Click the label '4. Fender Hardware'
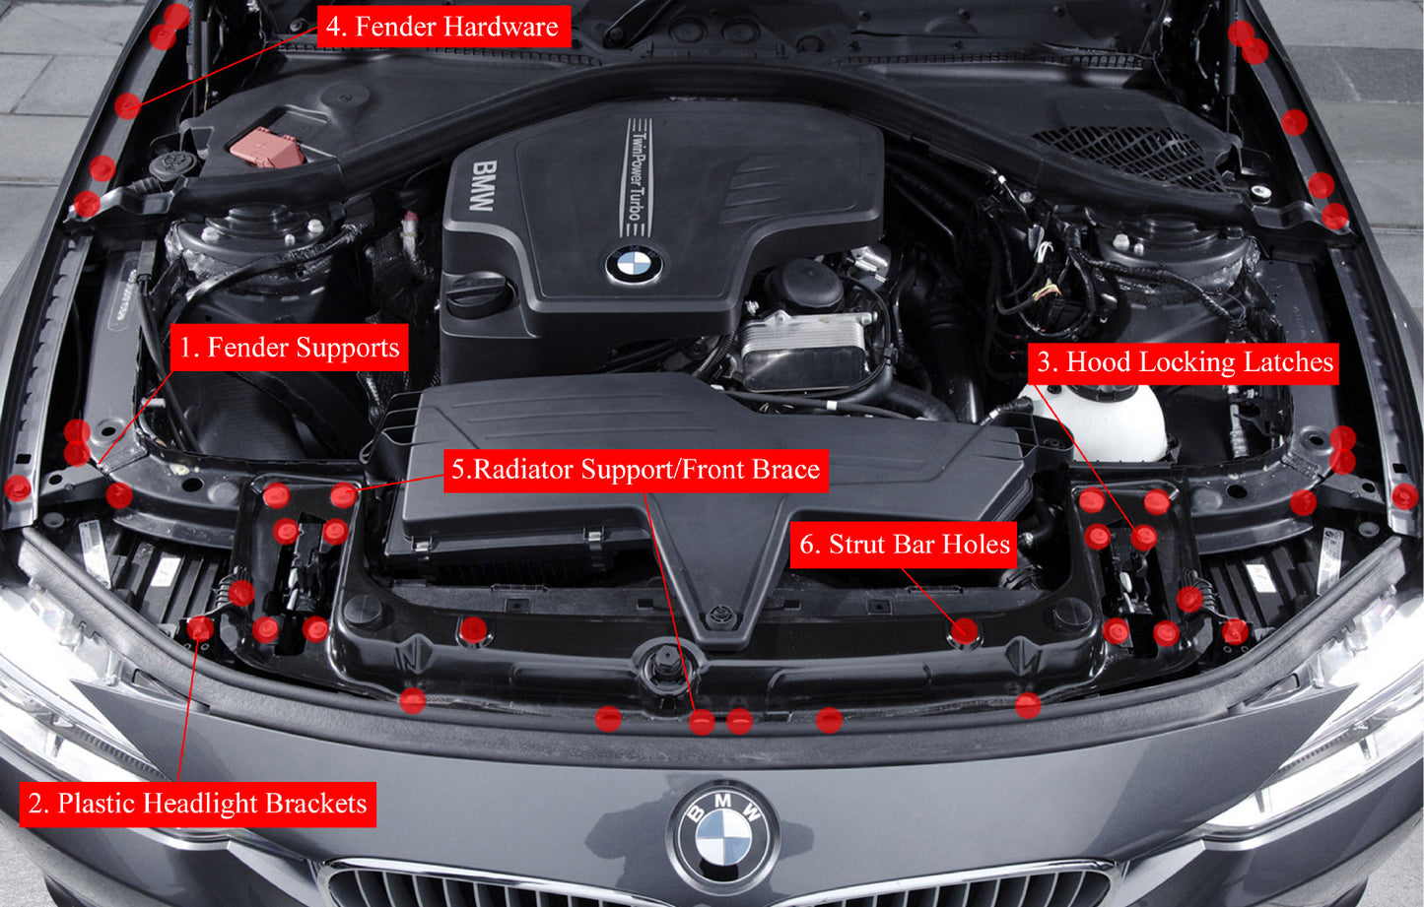click(442, 27)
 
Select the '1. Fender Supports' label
click(289, 348)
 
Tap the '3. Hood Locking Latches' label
click(1185, 362)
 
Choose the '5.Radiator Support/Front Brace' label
click(636, 470)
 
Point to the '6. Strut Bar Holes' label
click(904, 545)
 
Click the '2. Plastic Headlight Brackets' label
click(197, 804)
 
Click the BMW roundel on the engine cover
click(633, 265)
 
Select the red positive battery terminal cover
click(266, 148)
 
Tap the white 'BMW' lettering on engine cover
click(482, 186)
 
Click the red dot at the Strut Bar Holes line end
click(965, 631)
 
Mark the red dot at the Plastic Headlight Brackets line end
click(200, 628)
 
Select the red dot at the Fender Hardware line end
click(127, 105)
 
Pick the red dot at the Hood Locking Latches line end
click(1143, 538)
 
